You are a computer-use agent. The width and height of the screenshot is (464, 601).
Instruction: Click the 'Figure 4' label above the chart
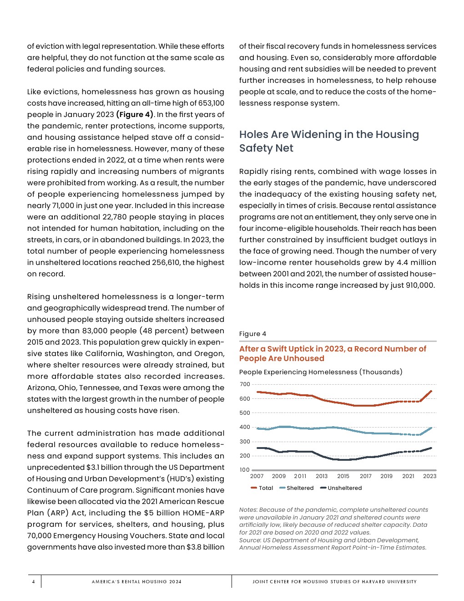(x=252, y=334)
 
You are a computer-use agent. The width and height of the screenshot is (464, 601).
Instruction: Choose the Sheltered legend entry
(x=297, y=488)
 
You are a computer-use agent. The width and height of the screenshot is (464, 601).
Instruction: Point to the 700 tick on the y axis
(x=245, y=384)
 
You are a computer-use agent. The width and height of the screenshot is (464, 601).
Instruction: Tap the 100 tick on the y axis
(x=245, y=470)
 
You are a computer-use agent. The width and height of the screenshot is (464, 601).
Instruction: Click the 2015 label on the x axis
(x=343, y=476)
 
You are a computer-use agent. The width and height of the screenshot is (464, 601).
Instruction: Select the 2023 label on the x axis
(x=429, y=476)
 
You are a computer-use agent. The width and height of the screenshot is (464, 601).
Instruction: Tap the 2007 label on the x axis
(x=257, y=476)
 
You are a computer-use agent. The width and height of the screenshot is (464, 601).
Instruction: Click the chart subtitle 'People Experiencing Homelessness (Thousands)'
(x=321, y=372)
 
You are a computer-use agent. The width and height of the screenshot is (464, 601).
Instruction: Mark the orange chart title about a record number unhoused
(x=333, y=354)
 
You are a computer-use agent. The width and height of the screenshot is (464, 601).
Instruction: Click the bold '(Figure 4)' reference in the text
(x=135, y=115)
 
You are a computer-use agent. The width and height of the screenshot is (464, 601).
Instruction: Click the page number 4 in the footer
(x=33, y=581)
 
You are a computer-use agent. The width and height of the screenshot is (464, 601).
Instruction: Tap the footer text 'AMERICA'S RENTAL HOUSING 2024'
(x=136, y=581)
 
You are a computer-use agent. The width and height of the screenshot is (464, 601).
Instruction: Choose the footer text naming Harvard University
(x=334, y=581)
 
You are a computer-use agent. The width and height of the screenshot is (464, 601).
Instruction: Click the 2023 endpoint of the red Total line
(x=431, y=391)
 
